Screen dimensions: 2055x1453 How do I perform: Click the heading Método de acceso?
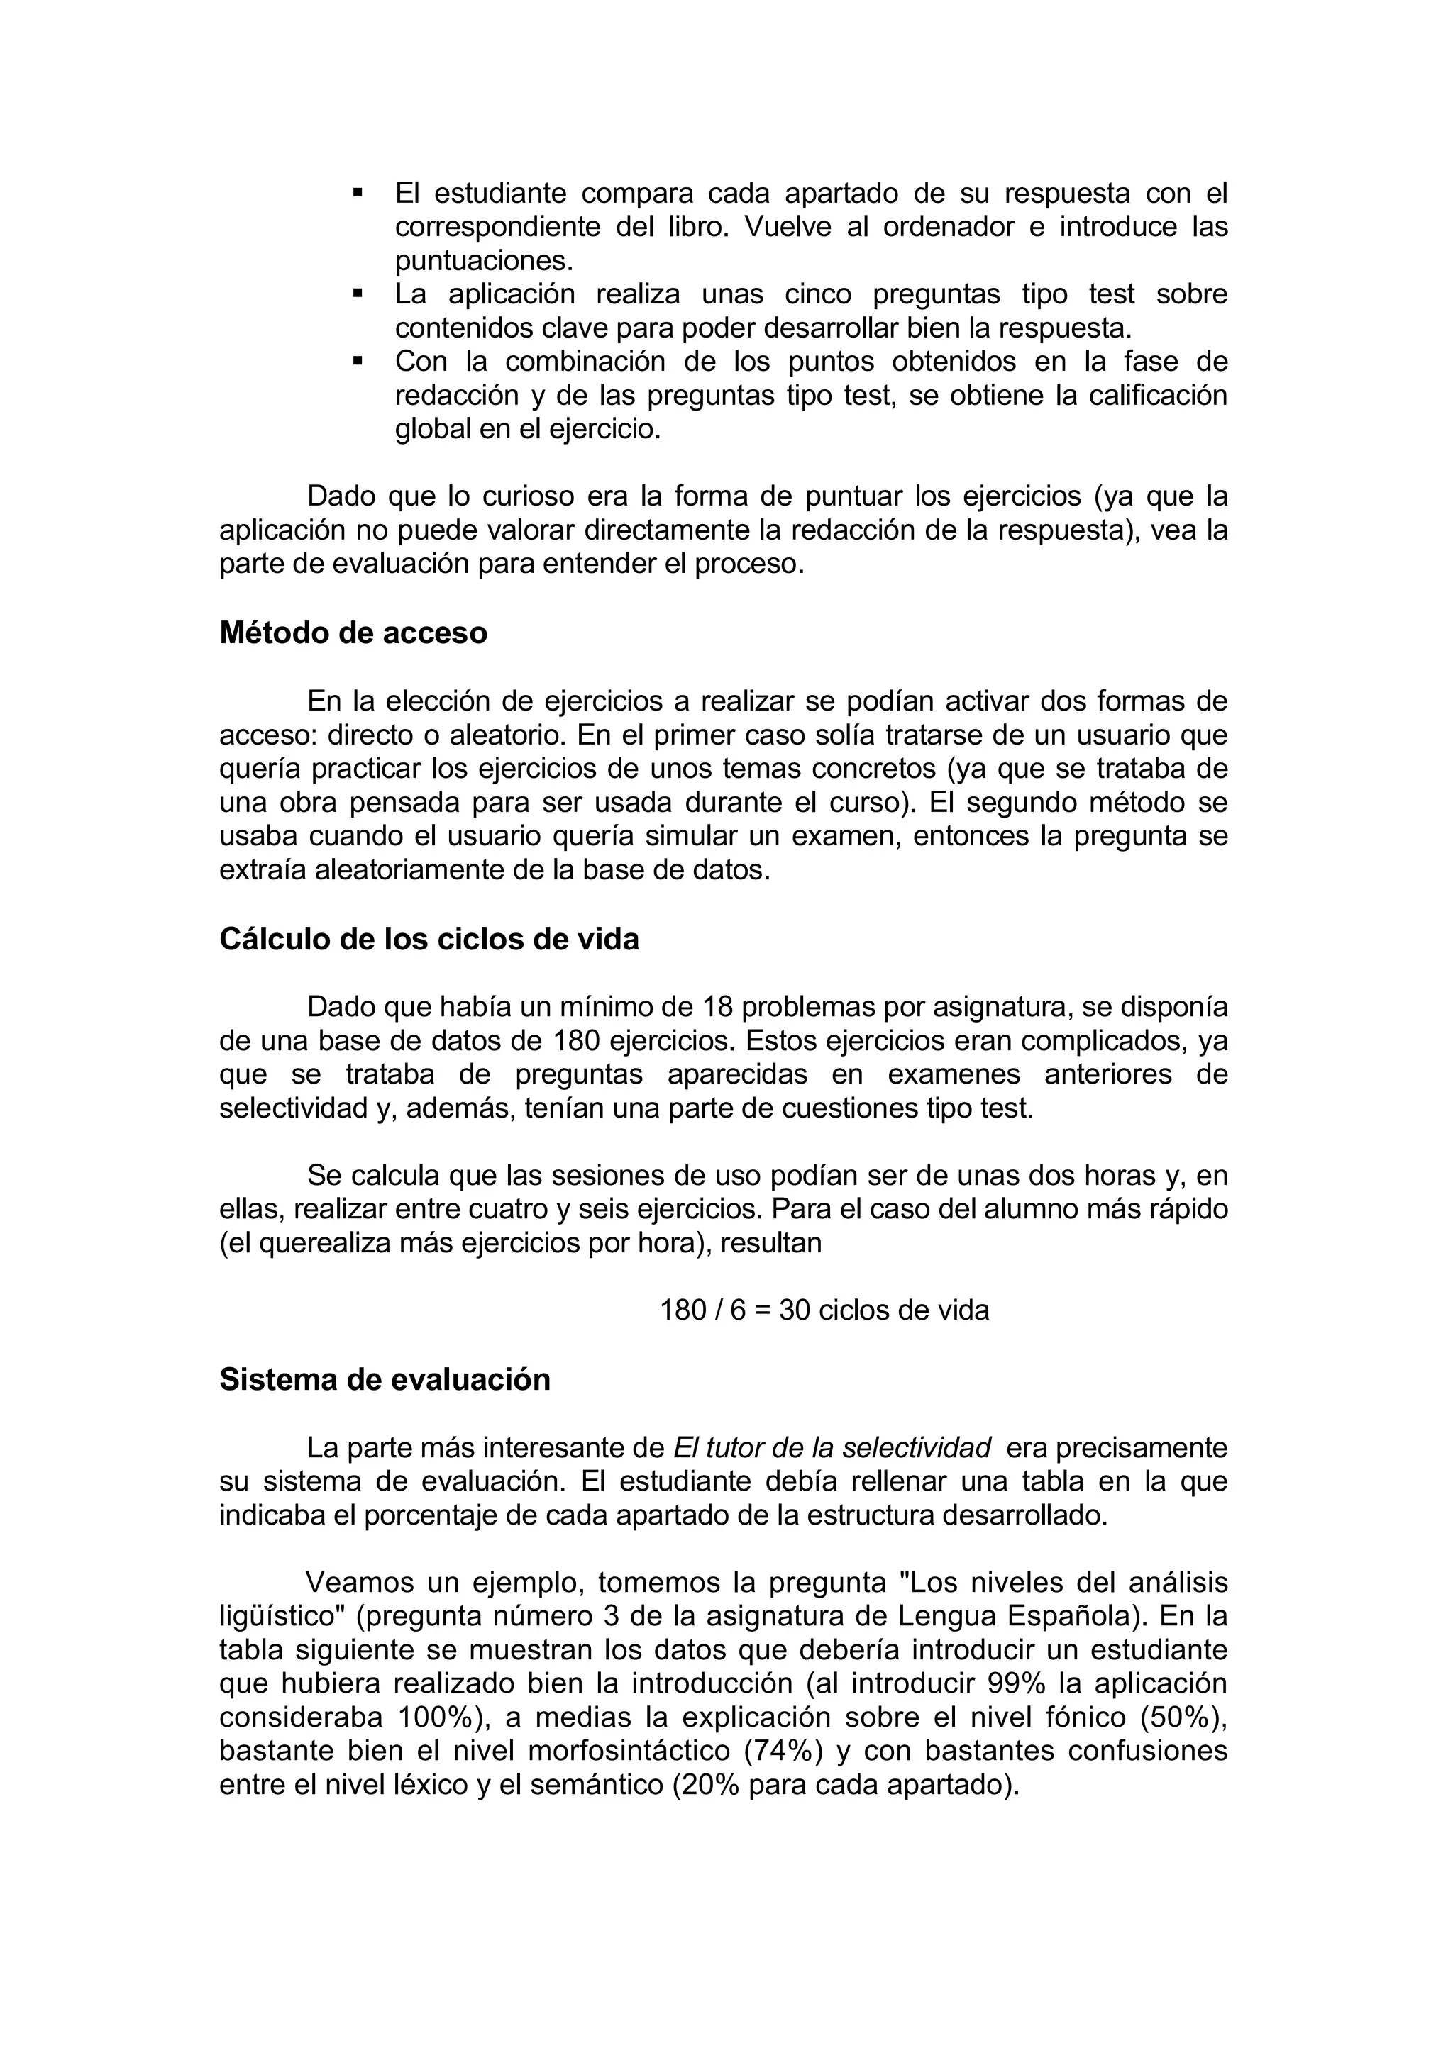tap(353, 633)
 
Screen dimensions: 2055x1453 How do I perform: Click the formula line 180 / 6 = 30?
tap(824, 1310)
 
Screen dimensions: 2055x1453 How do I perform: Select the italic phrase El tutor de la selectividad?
tap(832, 1447)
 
